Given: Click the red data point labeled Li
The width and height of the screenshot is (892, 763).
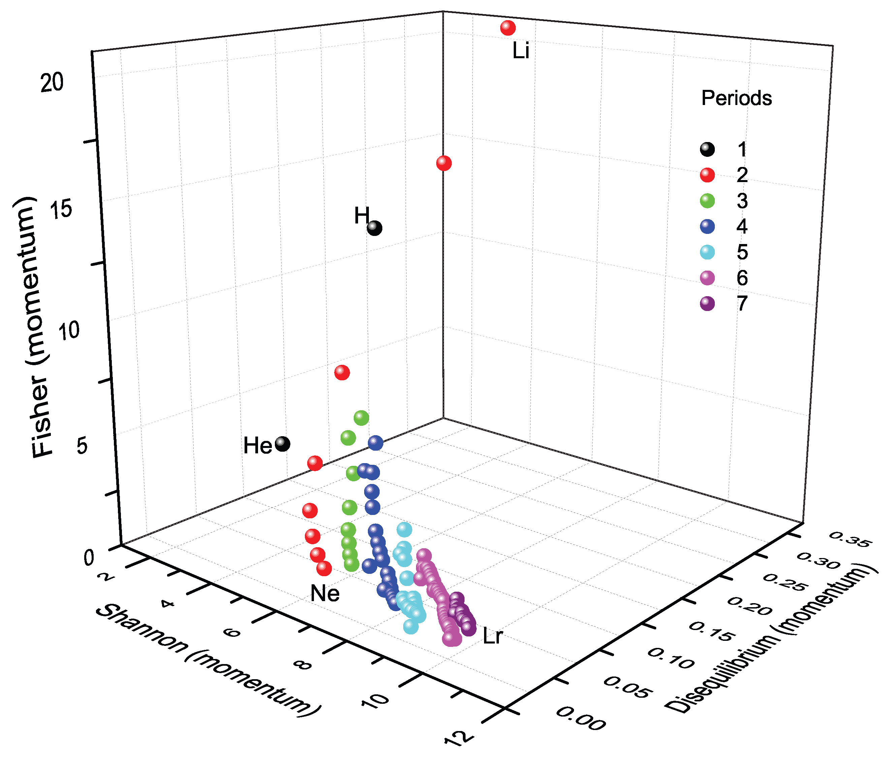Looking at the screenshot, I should click(x=508, y=28).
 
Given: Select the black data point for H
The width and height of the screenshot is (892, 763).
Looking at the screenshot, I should click(x=374, y=228).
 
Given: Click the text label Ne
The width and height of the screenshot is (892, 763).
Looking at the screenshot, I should click(x=325, y=594).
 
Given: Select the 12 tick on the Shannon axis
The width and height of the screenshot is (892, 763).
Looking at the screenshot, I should click(x=459, y=738).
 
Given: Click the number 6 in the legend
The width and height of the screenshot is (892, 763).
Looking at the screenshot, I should click(x=742, y=278).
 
